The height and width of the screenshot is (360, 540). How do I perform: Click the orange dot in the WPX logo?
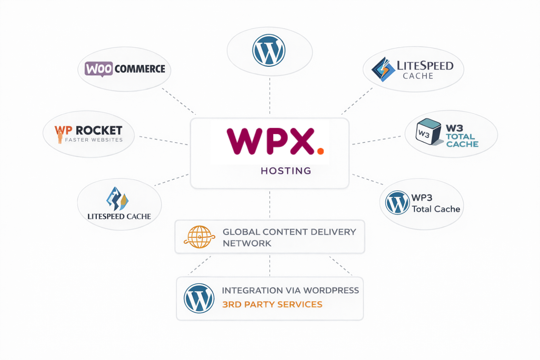point(320,151)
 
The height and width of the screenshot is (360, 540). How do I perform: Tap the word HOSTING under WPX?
point(286,171)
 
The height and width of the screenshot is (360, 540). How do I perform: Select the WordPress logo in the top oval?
point(269,50)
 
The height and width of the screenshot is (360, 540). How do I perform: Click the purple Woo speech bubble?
point(99,69)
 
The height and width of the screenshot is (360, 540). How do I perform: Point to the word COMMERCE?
point(140,69)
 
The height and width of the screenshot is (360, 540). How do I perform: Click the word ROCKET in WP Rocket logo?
point(99,130)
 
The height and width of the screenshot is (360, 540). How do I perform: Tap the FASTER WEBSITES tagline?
point(94,140)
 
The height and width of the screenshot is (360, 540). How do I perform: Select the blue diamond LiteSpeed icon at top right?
point(383,69)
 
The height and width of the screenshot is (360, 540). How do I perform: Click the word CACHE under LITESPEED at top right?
point(418,76)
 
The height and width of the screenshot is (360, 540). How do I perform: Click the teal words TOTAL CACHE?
point(462,140)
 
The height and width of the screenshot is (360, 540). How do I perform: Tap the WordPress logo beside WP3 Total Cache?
point(397,202)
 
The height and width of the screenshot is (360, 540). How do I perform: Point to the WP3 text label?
point(422,198)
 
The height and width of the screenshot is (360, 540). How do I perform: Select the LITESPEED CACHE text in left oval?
point(119,216)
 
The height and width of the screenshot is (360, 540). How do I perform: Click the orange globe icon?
point(199,237)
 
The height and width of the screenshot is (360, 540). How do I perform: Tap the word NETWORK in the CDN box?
point(247,243)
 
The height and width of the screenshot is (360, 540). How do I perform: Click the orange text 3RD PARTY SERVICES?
point(272,305)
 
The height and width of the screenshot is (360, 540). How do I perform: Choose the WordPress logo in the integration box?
point(199,298)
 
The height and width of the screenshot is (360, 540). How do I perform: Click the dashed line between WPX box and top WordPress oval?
point(270,97)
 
